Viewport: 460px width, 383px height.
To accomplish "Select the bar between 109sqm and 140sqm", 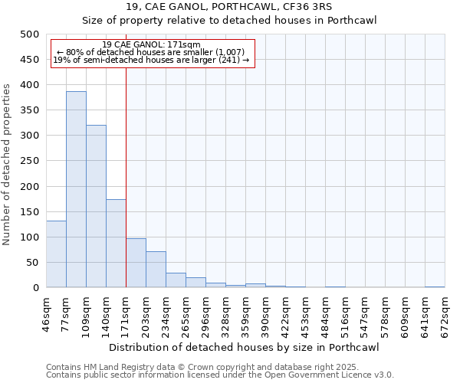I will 96,206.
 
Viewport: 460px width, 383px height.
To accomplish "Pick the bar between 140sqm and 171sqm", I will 116,244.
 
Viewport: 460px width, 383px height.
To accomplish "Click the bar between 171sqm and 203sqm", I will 136,263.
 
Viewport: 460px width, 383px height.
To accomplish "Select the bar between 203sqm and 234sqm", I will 156,270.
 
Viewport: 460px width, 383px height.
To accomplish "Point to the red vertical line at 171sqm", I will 126,176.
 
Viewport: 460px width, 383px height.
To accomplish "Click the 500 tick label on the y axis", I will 29,34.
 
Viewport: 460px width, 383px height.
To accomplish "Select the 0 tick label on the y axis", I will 35,288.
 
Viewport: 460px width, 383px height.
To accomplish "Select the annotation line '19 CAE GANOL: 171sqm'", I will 151,44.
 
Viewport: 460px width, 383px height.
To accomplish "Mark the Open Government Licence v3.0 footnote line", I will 219,375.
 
